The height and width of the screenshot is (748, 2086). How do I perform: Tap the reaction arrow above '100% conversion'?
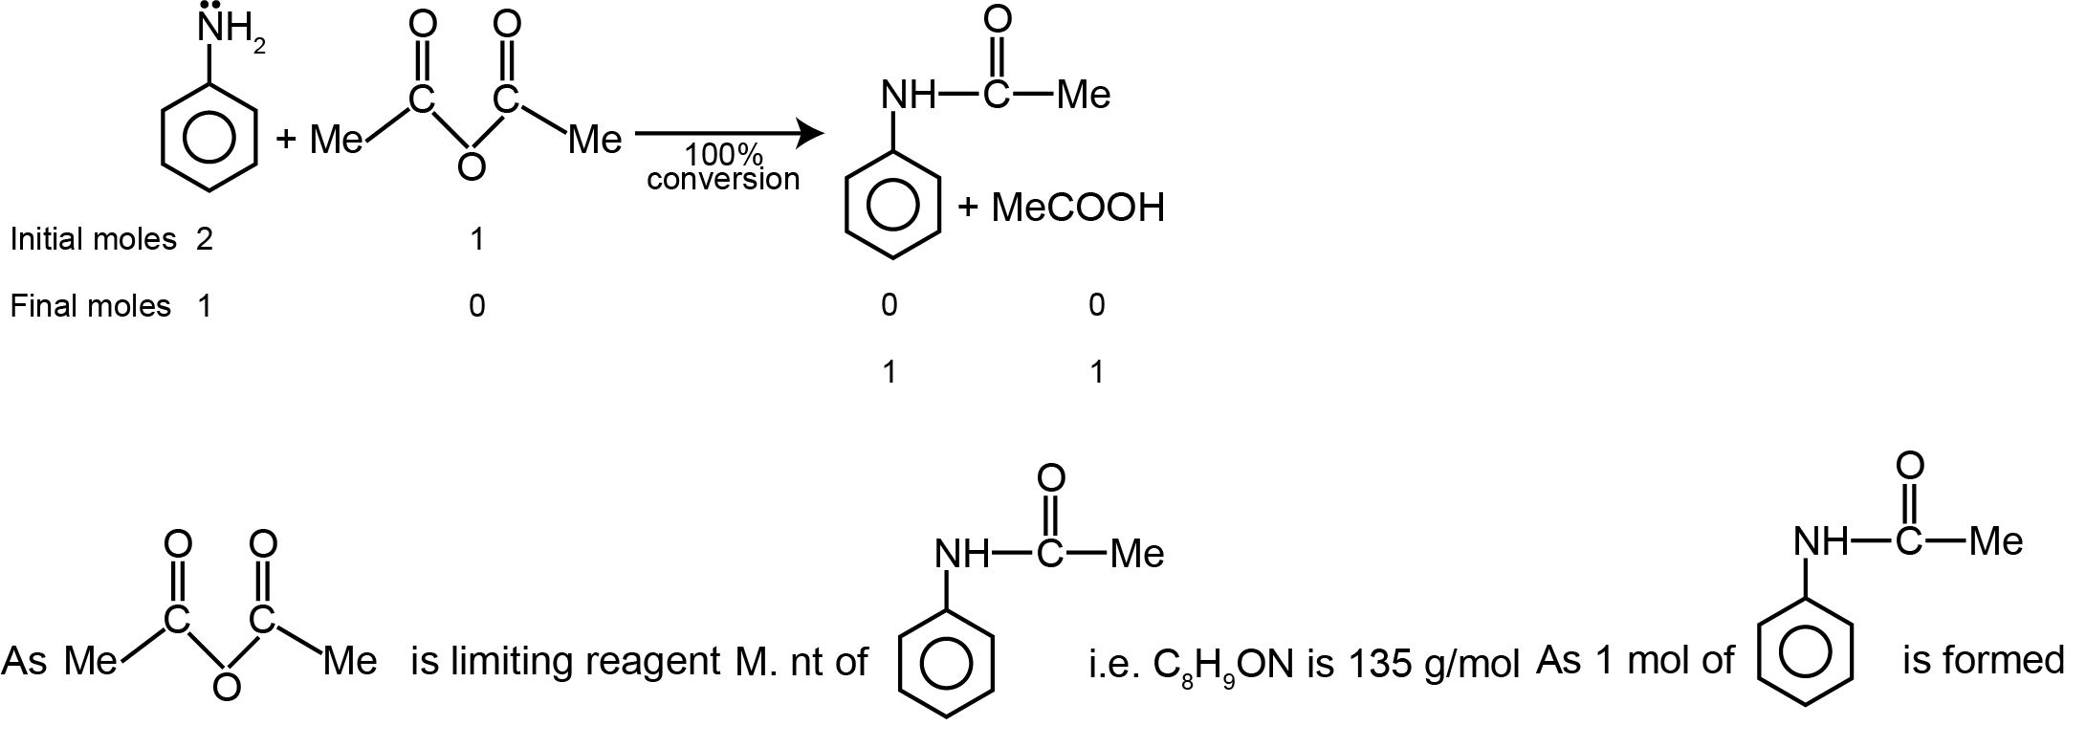(x=728, y=134)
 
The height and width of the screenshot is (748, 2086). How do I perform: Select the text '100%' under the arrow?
(x=724, y=156)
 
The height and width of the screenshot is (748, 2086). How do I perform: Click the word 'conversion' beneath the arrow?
(x=723, y=179)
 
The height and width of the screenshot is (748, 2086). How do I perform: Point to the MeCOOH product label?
(x=1078, y=208)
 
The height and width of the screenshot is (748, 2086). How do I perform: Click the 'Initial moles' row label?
(x=93, y=239)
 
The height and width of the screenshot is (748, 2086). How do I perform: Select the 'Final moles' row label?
(x=90, y=306)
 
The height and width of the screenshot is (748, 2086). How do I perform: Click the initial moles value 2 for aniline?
(x=205, y=239)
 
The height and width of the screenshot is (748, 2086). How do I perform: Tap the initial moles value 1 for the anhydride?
(x=476, y=239)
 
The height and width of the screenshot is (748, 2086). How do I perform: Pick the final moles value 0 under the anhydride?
(x=476, y=306)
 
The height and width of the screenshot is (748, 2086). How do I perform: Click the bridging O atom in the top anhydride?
(x=471, y=165)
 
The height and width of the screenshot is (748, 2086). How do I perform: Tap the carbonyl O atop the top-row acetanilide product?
(x=996, y=19)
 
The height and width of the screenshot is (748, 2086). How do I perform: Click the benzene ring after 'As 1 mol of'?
(x=1805, y=649)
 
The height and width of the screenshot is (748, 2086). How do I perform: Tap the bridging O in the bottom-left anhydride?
(x=226, y=686)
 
